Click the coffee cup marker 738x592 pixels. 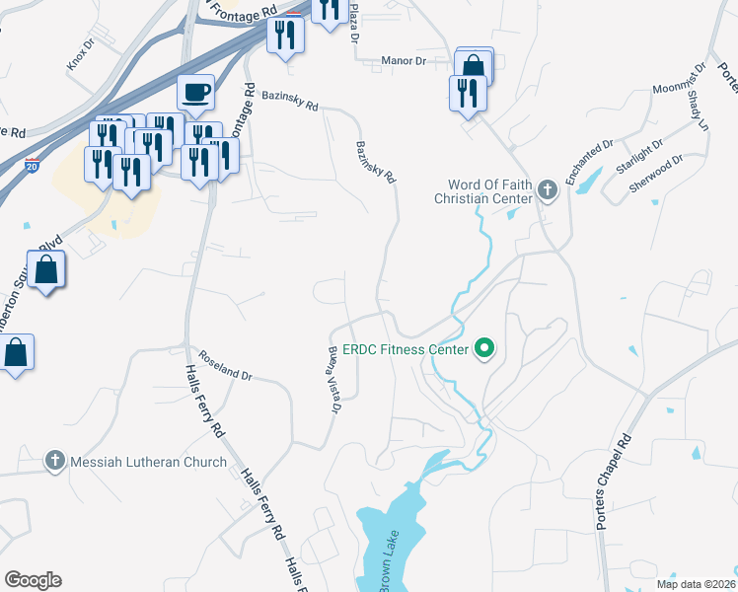click(x=195, y=92)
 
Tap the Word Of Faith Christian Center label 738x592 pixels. click(x=483, y=191)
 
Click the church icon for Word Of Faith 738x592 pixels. click(x=548, y=191)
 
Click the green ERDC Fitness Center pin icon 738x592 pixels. click(x=484, y=349)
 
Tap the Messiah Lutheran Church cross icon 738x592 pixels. click(x=55, y=461)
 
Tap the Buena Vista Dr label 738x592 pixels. click(x=334, y=379)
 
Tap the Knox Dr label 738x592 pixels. click(x=78, y=61)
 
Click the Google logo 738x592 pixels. click(x=33, y=580)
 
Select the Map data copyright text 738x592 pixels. click(x=695, y=583)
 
